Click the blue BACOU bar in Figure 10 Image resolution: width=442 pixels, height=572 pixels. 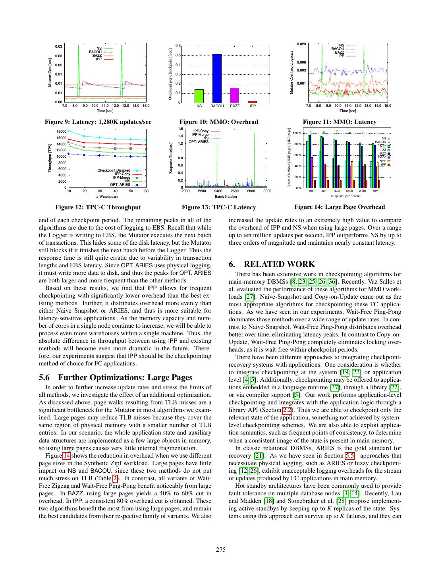(217, 79)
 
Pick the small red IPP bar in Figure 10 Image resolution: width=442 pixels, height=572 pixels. (253, 102)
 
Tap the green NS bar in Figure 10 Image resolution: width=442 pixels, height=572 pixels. (199, 96)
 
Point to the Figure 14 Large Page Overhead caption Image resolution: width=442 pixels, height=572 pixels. (340, 207)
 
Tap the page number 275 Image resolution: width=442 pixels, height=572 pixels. (221, 550)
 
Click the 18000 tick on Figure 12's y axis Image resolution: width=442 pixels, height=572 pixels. (62, 131)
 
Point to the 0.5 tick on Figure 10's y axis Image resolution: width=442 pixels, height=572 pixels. (178, 55)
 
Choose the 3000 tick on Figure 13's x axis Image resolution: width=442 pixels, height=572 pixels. (267, 191)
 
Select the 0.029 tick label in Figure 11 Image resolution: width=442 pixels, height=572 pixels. (301, 44)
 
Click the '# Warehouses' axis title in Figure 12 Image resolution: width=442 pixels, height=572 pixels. (107, 197)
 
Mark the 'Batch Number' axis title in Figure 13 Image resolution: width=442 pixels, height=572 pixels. (226, 197)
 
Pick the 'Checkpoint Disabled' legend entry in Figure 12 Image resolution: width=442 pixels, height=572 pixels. (114, 170)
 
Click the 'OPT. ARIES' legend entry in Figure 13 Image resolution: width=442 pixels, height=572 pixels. (198, 142)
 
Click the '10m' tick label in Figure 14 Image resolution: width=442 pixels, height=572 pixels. (375, 191)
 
